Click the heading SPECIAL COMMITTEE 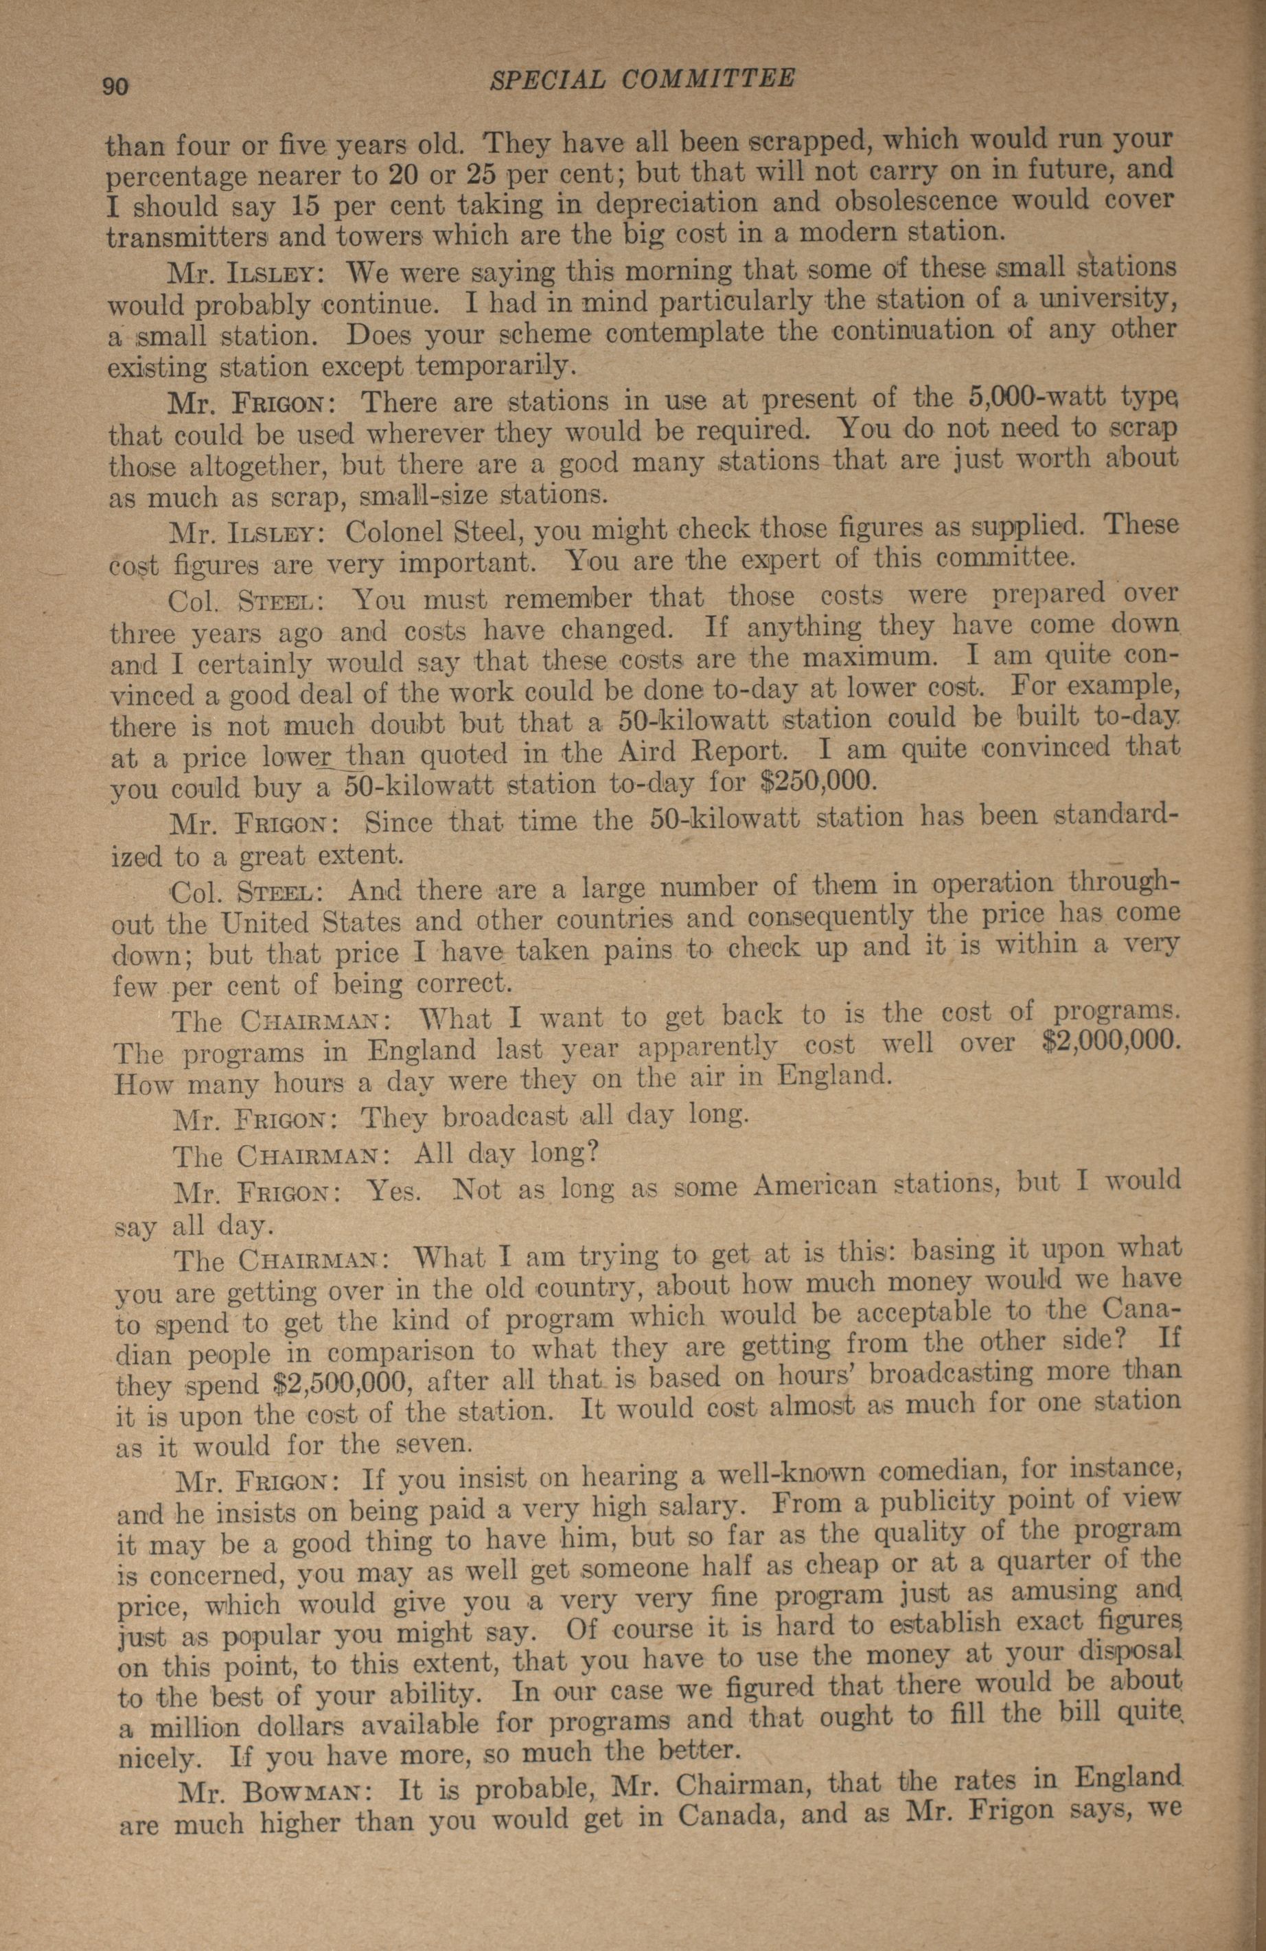click(641, 80)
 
